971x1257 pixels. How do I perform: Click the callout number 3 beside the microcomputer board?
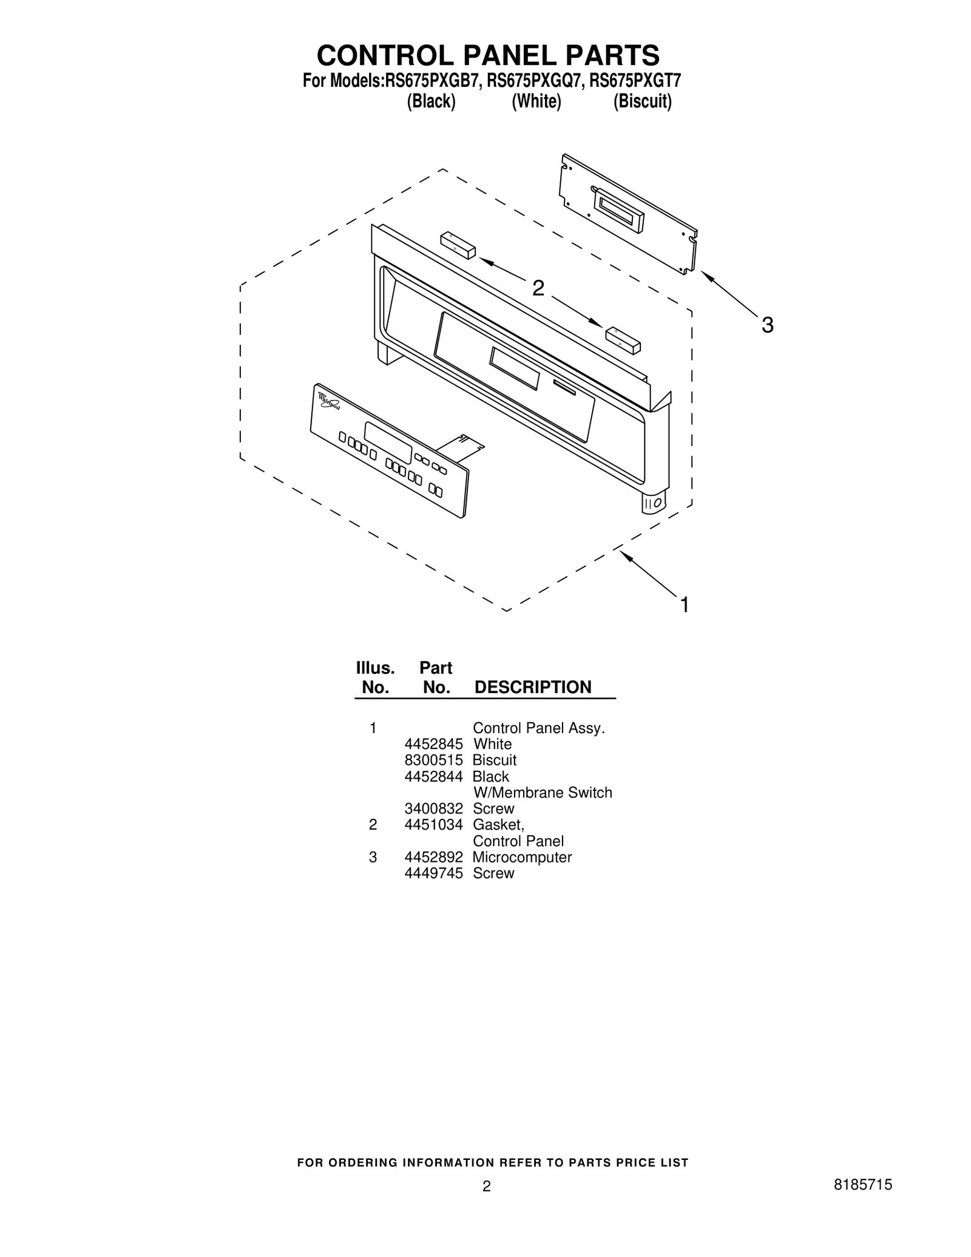[767, 325]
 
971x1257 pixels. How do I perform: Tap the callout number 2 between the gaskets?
[538, 288]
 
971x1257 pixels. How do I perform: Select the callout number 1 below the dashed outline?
[684, 605]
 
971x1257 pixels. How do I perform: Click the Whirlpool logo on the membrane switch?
[328, 401]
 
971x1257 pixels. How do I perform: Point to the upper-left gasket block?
[458, 245]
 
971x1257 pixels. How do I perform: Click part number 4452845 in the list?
[433, 744]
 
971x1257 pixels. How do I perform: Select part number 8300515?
[433, 760]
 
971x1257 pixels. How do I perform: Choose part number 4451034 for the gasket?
[433, 825]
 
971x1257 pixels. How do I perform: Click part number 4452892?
[433, 857]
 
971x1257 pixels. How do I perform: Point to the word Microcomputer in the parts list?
[522, 857]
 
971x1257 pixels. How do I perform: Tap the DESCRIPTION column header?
[532, 687]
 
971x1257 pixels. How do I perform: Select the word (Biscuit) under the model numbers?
[642, 101]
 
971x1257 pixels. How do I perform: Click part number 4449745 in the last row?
[433, 873]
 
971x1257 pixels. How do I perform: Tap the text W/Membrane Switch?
[543, 793]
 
